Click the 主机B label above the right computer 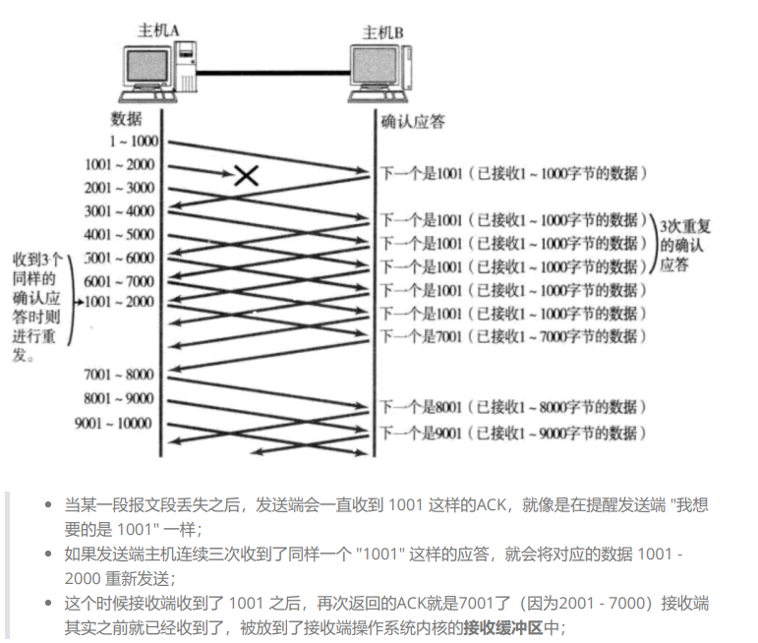point(383,32)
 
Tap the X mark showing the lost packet point(246,175)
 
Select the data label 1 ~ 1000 point(134,142)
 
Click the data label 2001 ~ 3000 point(120,187)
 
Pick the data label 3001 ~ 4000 point(120,210)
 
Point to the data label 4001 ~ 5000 point(120,234)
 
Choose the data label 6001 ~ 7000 point(120,280)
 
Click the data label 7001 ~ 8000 point(120,375)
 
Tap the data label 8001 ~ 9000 point(120,399)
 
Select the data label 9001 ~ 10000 point(113,424)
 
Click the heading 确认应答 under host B point(413,121)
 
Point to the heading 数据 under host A point(127,120)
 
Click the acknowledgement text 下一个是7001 point(421,336)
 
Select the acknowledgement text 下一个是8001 point(421,406)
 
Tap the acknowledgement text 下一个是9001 point(421,432)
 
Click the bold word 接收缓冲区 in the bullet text point(502,625)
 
